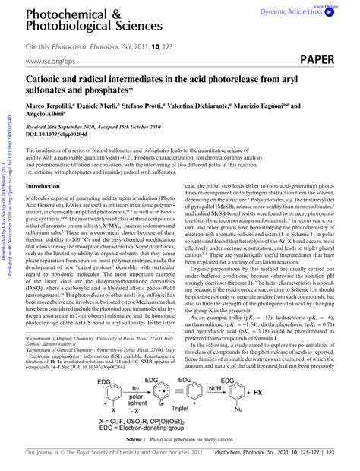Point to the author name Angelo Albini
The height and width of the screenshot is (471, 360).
pos(49,118)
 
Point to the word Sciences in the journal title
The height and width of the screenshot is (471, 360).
pos(141,27)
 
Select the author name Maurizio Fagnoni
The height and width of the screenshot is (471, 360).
pos(276,107)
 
